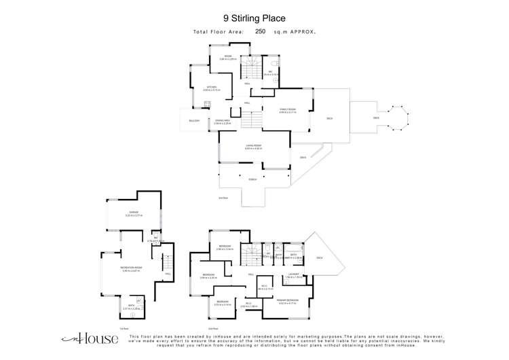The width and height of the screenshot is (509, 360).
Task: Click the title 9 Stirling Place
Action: coord(254,18)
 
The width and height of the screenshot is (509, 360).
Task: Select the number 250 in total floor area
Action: coord(261,31)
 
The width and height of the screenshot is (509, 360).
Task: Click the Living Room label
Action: coord(253,146)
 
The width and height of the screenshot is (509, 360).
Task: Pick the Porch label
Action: coord(253,179)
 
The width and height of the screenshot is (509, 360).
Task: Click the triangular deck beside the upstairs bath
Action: coord(319,257)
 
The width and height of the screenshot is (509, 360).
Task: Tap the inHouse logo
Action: coord(81,338)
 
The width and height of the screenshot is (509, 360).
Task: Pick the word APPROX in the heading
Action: coord(305,31)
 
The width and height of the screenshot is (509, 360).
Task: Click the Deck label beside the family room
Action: coord(329,118)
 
